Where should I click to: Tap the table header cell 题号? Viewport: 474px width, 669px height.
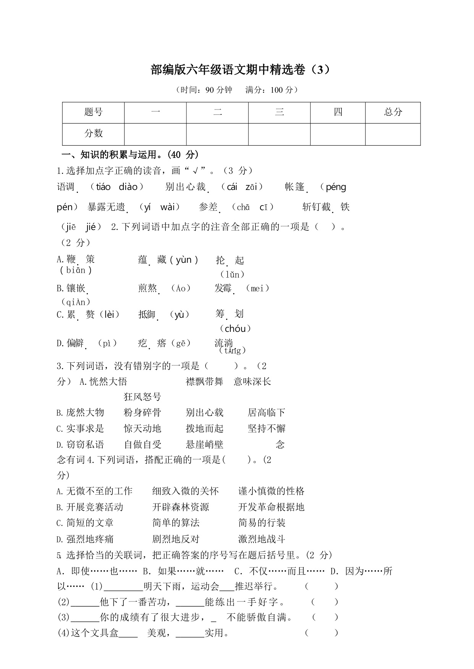(94, 112)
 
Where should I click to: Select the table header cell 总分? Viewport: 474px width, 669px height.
(393, 112)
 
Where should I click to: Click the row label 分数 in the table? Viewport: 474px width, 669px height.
(94, 133)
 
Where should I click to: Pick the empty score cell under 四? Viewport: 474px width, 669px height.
(338, 134)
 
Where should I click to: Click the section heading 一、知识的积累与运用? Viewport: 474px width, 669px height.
(130, 155)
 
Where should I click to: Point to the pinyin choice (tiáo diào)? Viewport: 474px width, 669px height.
(116, 187)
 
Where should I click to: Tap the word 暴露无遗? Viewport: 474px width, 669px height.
(107, 207)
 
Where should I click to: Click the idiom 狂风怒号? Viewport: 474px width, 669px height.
(142, 397)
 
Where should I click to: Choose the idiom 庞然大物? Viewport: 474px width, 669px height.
(85, 413)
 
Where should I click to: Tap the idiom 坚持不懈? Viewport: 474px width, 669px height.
(267, 429)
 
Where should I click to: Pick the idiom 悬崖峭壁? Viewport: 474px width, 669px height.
(204, 445)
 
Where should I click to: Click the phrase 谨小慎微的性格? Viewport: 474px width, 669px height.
(271, 491)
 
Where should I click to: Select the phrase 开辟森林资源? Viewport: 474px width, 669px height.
(181, 507)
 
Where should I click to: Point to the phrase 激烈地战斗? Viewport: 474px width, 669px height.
(262, 539)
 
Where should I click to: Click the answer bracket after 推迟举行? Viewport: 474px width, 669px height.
(322, 586)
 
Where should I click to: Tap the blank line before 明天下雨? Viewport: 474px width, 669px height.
(123, 587)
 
